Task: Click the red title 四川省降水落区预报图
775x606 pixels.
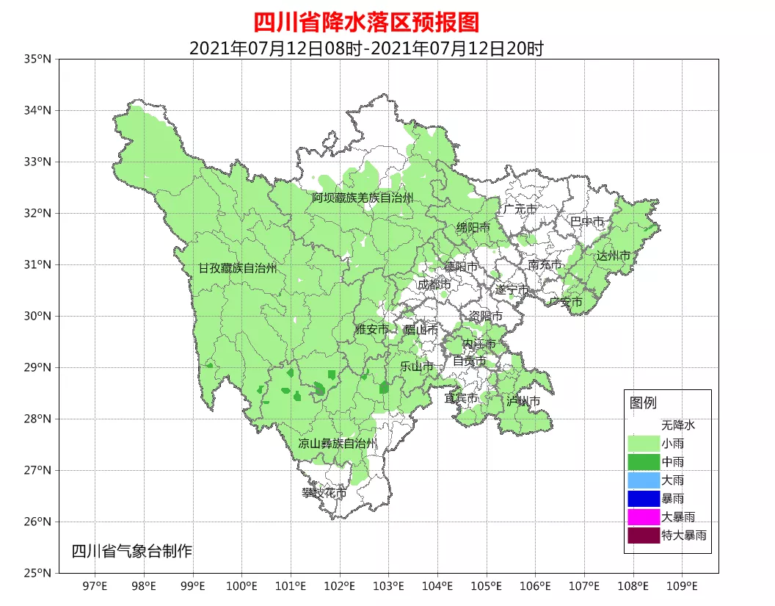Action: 366,22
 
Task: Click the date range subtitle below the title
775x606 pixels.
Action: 366,48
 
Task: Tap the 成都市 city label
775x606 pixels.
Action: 434,284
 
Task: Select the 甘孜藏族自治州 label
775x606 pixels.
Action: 238,268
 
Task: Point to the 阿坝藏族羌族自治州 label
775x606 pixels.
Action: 362,198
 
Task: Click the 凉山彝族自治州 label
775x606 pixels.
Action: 338,444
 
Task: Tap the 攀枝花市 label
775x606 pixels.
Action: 324,493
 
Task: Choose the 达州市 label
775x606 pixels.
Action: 613,256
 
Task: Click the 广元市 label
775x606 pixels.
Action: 520,209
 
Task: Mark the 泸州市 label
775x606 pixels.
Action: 523,401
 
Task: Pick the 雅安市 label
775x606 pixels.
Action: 371,330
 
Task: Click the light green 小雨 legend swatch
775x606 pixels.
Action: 643,444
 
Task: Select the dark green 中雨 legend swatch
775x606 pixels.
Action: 643,462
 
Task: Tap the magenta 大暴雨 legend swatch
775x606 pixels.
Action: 643,517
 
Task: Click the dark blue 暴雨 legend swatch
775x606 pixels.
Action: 643,499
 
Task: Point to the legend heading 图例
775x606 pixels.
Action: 643,403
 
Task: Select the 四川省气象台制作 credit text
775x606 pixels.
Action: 131,551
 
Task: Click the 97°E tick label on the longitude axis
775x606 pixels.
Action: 95,585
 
